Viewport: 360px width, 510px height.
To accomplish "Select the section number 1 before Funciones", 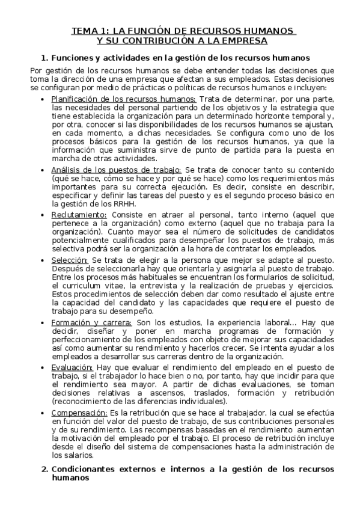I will tap(43, 58).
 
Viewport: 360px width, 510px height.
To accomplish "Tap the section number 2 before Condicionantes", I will tap(43, 469).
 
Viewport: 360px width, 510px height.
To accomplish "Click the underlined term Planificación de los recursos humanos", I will tap(124, 99).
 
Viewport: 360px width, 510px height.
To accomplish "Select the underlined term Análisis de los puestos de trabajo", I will tap(117, 171).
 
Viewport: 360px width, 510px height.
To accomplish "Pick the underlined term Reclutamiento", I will tap(79, 215).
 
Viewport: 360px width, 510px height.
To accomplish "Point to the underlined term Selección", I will tap(70, 259).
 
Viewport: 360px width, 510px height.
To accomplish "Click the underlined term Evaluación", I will tap(72, 367).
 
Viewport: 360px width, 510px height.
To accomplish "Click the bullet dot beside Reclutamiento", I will tap(41, 215).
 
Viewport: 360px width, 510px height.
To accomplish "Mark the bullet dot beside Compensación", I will tap(41, 412).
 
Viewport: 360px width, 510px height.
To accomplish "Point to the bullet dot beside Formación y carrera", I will tap(41, 322).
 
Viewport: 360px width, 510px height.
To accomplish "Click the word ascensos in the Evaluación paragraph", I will tap(154, 393).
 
